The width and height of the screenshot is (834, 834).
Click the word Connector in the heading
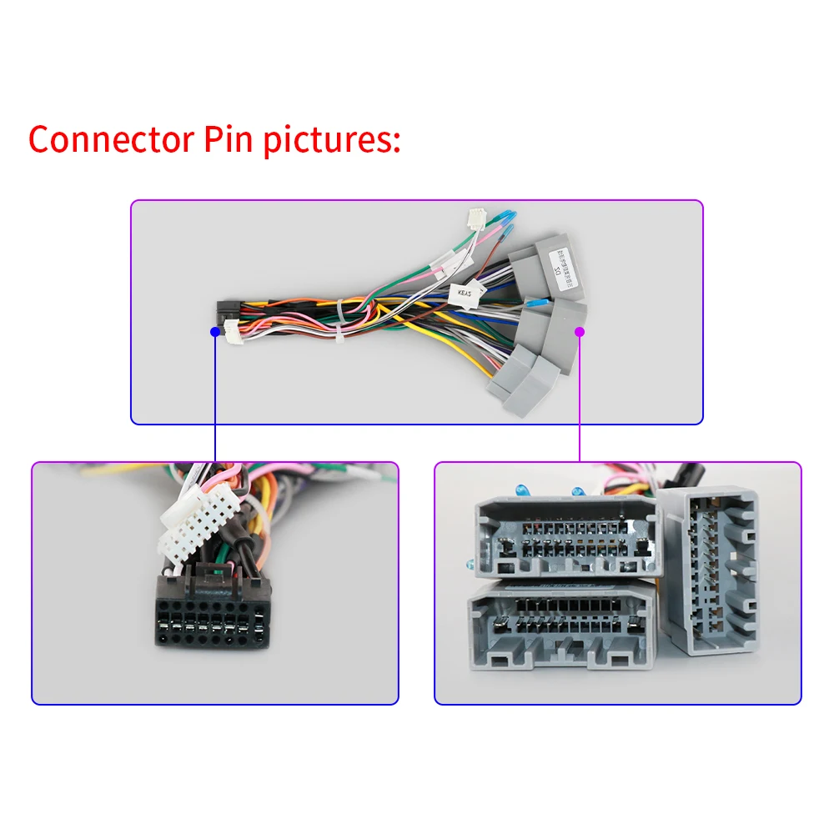[x=109, y=138]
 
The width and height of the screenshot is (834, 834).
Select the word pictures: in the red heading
[x=331, y=140]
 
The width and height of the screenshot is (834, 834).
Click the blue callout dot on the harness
[x=215, y=331]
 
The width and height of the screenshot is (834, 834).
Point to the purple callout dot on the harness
[x=580, y=331]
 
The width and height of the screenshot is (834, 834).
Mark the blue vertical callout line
[x=215, y=396]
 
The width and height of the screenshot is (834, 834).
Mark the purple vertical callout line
[x=580, y=396]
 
